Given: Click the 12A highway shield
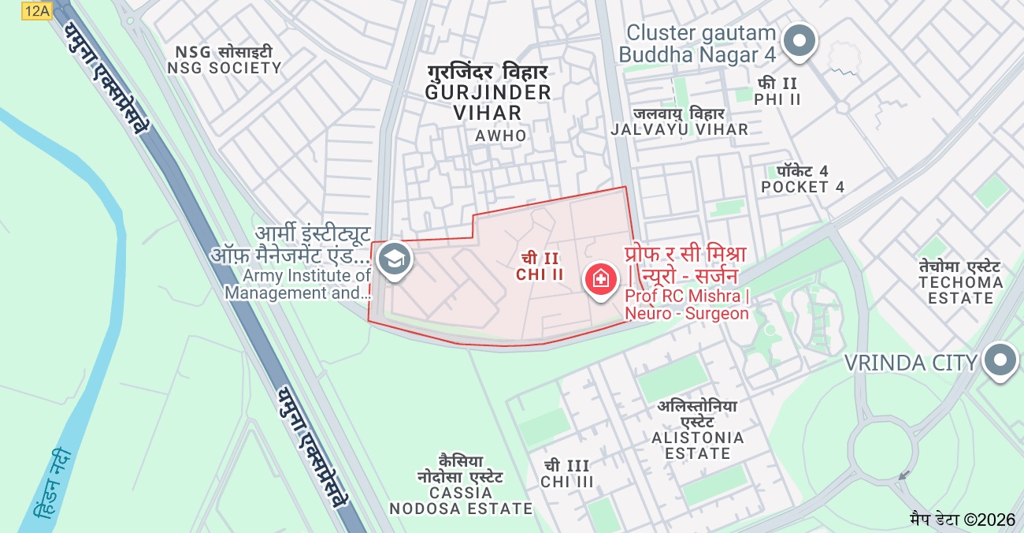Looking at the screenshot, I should (x=36, y=10).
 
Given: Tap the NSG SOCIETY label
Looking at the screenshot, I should (x=224, y=60).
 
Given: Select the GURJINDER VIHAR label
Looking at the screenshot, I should (x=488, y=92).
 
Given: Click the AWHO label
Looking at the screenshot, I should (x=500, y=136).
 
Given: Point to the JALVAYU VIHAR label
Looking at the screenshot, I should (x=679, y=121).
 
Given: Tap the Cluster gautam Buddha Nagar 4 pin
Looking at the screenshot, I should (x=800, y=40).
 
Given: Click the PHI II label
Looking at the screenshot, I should (x=777, y=91).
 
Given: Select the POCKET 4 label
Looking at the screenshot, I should (x=803, y=179).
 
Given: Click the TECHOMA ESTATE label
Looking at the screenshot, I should (x=960, y=281).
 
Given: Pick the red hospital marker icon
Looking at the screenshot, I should (x=600, y=279).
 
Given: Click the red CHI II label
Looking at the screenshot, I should (x=540, y=266).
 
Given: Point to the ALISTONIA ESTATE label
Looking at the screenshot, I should (x=697, y=430).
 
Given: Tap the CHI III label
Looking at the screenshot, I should (x=566, y=473).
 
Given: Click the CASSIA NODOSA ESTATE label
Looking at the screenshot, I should (x=461, y=484).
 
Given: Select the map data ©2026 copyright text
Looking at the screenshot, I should (x=963, y=520).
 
